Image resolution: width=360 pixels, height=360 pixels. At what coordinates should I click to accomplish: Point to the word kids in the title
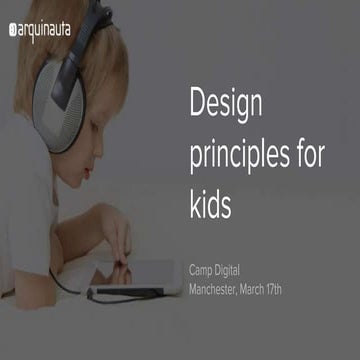[x=211, y=204]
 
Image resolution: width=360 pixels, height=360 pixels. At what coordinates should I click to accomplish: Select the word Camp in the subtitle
[x=204, y=270]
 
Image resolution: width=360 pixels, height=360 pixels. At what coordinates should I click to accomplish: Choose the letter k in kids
[x=194, y=204]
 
